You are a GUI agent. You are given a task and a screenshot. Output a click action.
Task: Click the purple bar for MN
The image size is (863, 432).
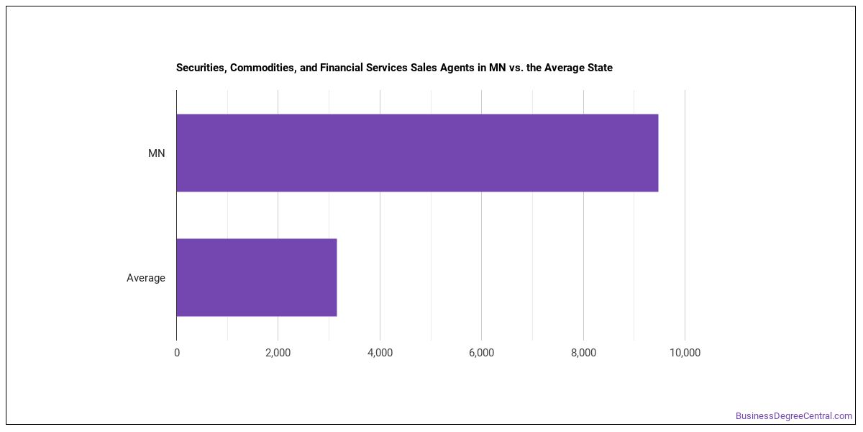(417, 153)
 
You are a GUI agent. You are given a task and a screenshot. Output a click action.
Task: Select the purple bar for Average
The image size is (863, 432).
(257, 277)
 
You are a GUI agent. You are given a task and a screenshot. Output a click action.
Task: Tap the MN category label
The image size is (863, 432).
(157, 153)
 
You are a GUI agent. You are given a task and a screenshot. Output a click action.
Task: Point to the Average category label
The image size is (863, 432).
(145, 278)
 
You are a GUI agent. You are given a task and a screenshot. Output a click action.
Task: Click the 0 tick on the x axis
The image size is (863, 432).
(177, 353)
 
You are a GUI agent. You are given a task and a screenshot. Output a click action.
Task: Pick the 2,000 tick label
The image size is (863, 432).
(278, 353)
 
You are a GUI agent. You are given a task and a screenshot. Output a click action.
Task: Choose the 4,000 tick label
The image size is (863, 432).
(380, 353)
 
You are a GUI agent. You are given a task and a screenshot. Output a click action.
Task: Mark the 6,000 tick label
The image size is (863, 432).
(482, 353)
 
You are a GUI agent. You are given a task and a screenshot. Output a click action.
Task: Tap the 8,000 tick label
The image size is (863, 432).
(583, 353)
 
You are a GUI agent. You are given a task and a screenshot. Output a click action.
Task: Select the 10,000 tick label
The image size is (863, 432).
(685, 353)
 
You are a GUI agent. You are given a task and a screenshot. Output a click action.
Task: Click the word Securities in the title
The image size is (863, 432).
(201, 68)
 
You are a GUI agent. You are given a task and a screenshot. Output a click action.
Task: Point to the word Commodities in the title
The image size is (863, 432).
(263, 68)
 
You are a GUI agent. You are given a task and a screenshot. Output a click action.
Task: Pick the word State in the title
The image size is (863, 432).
(600, 68)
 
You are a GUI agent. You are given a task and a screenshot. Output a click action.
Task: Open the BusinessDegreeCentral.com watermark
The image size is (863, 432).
(794, 416)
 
